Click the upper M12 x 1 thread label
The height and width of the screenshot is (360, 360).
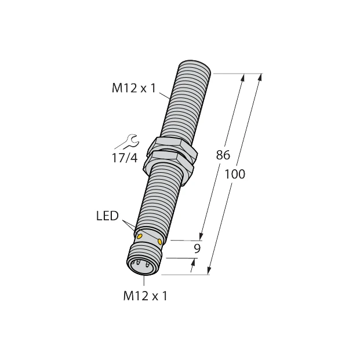point(133,89)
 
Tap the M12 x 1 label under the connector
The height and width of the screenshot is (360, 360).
point(146,296)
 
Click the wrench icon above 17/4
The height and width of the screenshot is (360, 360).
point(126,141)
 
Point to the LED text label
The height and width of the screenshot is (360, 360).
point(107,217)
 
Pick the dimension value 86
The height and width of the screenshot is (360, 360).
point(223,155)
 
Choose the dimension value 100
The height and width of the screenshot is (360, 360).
point(234,174)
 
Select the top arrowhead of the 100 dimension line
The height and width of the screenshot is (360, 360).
point(260,78)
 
